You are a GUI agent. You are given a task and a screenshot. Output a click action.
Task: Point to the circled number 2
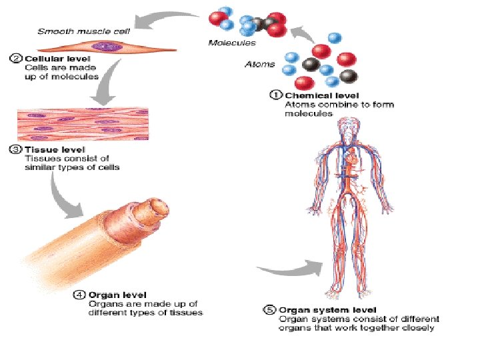(16, 58)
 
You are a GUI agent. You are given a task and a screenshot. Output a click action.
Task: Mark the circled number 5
(269, 310)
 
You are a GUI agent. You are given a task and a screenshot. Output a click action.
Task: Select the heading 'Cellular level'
(49, 58)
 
